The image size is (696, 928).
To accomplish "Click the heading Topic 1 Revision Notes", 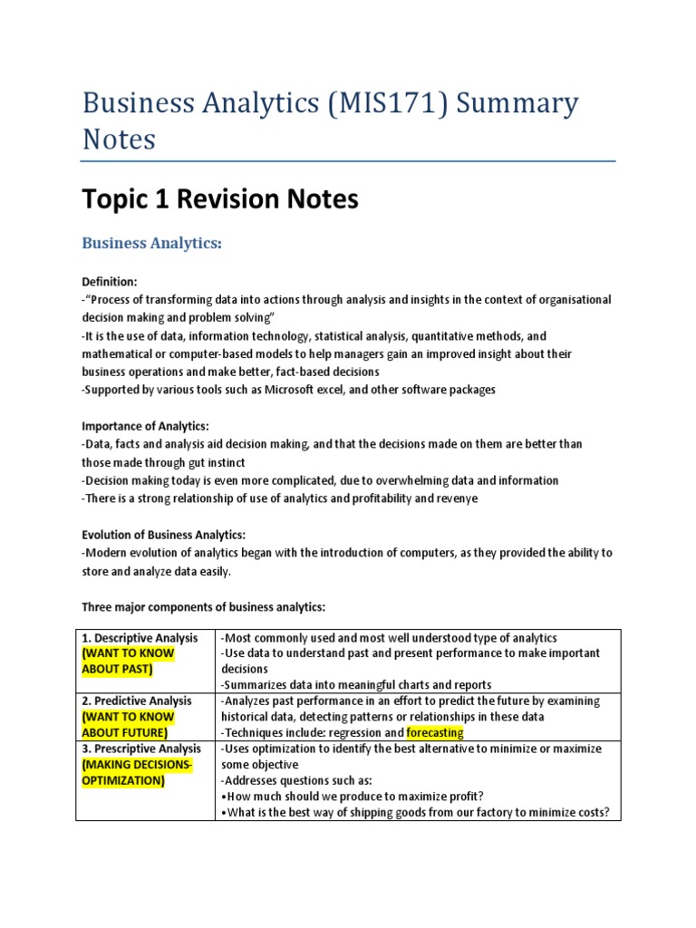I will (x=220, y=198).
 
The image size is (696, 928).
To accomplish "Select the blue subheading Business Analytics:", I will (x=152, y=244).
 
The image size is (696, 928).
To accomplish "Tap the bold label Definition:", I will (x=110, y=282).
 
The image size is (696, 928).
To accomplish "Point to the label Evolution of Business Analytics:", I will (x=164, y=535).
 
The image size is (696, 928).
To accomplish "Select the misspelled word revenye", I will (x=459, y=498).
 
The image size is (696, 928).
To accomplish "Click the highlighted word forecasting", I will (x=435, y=732).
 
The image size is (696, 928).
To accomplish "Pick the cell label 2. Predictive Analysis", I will (x=137, y=701).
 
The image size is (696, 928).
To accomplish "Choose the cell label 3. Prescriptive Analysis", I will (x=141, y=749).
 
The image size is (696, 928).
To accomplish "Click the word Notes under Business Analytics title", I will (x=119, y=140).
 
